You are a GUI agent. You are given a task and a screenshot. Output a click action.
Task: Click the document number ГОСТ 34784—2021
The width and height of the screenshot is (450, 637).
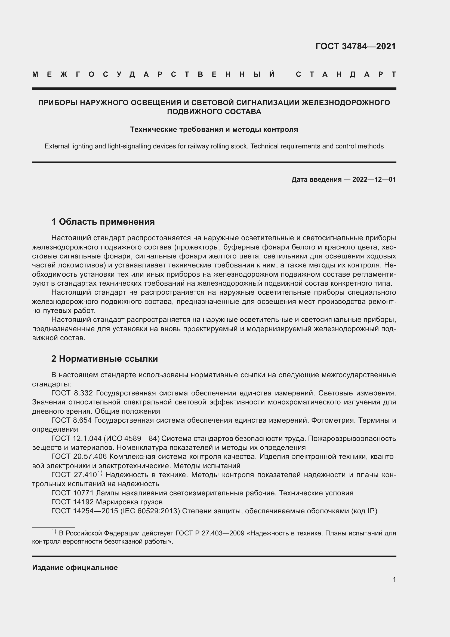tap(356, 46)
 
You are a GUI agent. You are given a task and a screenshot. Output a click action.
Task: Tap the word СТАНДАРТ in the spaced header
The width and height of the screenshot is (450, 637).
tap(346, 74)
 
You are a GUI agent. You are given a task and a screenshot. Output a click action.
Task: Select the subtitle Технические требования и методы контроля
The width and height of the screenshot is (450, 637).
tap(214, 129)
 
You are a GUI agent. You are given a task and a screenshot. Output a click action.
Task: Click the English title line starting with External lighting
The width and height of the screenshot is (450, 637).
tap(214, 146)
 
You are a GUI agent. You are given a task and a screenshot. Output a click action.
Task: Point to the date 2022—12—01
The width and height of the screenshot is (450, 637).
tap(374, 179)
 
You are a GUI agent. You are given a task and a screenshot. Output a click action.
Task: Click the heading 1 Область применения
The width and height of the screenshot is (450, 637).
tap(103, 222)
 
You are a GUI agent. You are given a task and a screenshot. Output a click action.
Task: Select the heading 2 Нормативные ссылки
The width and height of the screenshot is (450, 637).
tap(104, 359)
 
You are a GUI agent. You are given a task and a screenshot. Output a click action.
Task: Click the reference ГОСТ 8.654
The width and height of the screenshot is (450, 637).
tap(72, 420)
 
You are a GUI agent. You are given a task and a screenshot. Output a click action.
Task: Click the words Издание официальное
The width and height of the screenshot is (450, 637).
tap(75, 568)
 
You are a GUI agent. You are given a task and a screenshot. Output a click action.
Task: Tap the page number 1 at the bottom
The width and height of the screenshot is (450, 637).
tap(394, 579)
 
